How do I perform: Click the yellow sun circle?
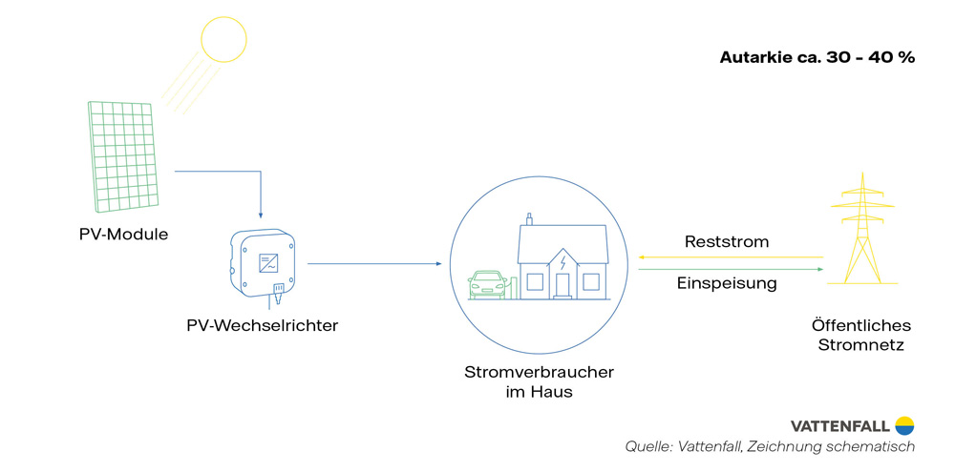223,39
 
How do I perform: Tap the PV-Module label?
123,234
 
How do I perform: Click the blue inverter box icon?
264,259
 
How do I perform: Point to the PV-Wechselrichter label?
263,326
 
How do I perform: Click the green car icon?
487,283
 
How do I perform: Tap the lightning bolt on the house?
563,261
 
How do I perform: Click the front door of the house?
562,284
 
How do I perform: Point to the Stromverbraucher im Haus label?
539,380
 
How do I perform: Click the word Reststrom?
727,242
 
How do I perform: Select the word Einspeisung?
727,283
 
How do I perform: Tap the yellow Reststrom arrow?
731,257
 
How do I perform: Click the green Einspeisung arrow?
731,269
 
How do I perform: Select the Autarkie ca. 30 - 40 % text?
817,57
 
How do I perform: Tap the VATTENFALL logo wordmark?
839,426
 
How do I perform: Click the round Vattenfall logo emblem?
904,425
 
